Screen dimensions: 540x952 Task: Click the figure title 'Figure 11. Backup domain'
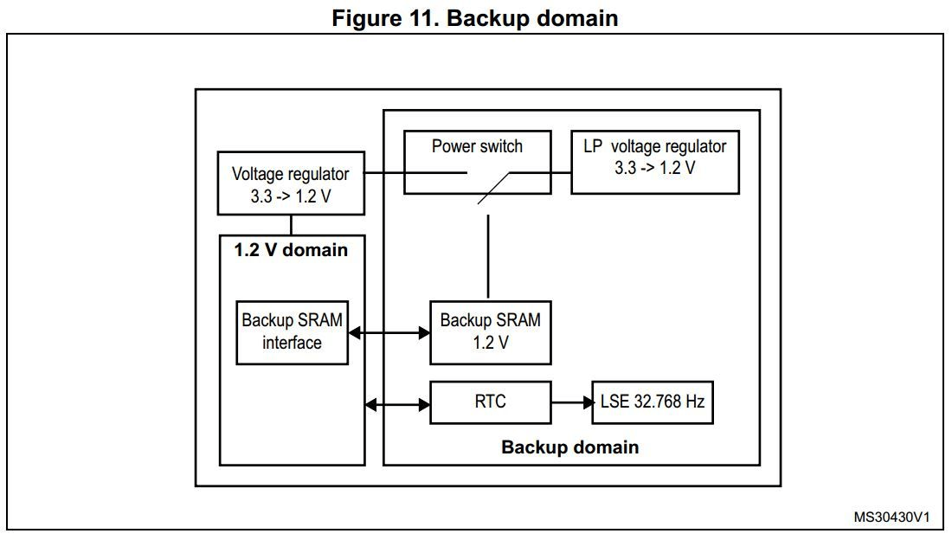tap(475, 18)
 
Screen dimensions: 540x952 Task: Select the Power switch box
tap(478, 162)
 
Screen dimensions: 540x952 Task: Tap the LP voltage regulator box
tap(655, 162)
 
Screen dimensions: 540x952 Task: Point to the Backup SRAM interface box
tap(293, 331)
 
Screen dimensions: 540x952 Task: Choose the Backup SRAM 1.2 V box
tap(490, 332)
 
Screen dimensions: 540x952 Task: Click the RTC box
tap(490, 402)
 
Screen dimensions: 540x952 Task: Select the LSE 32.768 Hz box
tap(653, 402)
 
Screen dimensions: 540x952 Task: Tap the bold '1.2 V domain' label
tap(291, 251)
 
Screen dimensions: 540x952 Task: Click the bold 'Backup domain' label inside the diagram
tap(570, 447)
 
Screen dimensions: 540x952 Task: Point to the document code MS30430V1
tap(891, 517)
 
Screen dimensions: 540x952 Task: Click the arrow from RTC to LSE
tap(570, 402)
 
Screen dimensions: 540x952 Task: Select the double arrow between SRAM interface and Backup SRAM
tap(389, 332)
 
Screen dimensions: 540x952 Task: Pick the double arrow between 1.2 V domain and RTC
tap(397, 402)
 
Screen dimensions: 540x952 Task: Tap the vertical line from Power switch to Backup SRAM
tap(489, 255)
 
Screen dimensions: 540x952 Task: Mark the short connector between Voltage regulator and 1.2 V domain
tap(291, 225)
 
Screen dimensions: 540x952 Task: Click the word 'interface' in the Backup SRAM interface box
tap(293, 343)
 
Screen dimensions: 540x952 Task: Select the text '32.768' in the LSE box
tap(657, 402)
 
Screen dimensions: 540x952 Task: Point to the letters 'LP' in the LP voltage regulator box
tap(594, 147)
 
